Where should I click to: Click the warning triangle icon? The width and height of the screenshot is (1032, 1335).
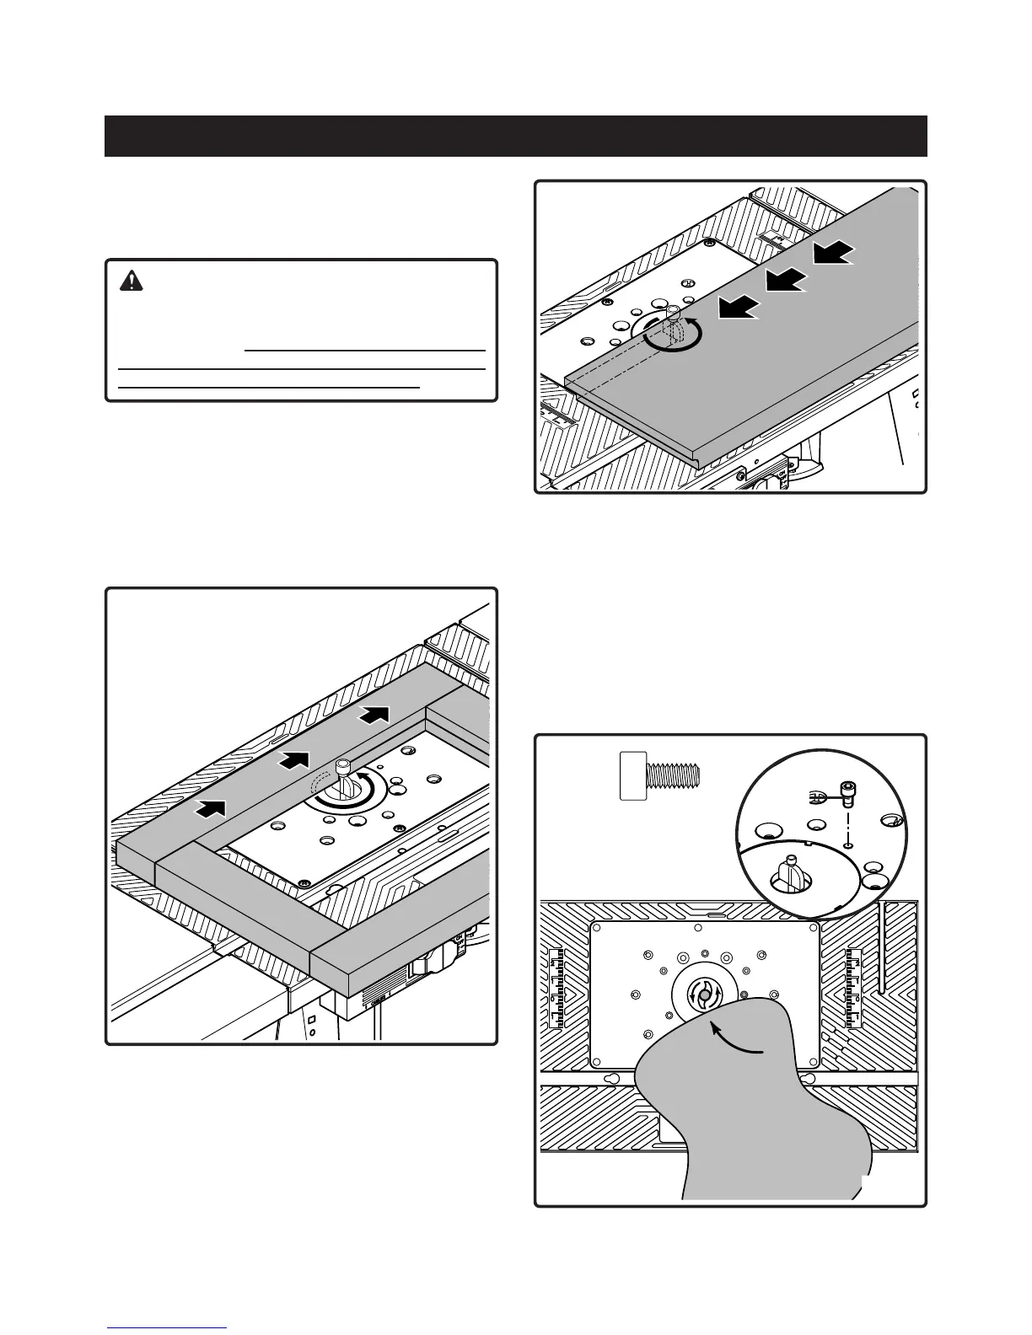(132, 281)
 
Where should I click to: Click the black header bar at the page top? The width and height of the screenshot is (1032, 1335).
(515, 136)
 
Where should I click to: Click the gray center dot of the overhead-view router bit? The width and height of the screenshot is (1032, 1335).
(703, 995)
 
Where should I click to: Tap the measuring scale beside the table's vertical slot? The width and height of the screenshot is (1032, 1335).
(854, 988)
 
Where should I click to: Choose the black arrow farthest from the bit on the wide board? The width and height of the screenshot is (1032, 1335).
(833, 252)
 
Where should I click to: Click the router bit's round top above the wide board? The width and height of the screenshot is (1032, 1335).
(672, 311)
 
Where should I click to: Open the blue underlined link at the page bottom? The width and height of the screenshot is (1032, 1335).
(167, 1327)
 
